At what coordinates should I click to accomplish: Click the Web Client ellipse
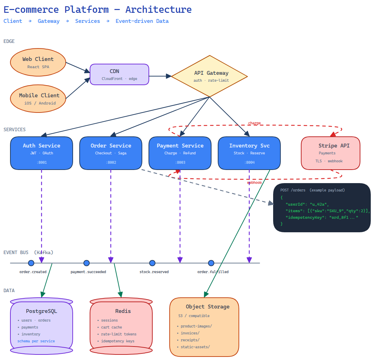point(38,62)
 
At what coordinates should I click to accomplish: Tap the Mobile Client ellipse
point(38,99)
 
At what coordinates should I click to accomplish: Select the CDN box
point(119,74)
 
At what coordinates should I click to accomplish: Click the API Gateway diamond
point(209,76)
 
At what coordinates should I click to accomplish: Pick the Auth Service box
point(42,153)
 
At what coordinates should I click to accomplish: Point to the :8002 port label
point(111,162)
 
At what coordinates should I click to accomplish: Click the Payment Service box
point(180,153)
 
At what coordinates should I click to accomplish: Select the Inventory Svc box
point(249,153)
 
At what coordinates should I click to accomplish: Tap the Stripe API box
point(331,153)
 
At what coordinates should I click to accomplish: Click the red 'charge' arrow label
point(254,123)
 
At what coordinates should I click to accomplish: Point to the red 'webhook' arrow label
point(254,182)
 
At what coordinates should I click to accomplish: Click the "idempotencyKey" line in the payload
point(322,217)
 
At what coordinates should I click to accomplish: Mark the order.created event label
point(33,272)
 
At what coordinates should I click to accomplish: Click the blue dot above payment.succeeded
point(87,263)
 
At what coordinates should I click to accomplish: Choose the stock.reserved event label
point(154,272)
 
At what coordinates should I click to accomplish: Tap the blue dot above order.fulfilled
point(211,263)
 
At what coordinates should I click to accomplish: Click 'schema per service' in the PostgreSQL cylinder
point(36,341)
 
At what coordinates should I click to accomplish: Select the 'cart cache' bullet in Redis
point(111,327)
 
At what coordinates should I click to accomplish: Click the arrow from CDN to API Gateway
point(160,76)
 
